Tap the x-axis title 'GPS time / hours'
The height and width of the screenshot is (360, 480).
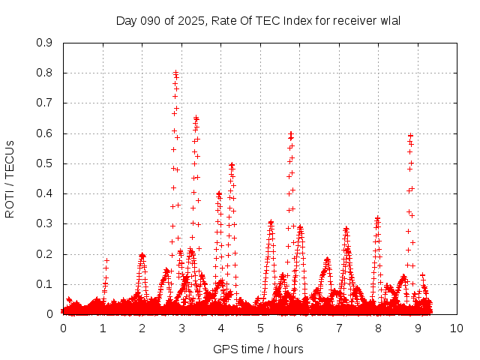259,349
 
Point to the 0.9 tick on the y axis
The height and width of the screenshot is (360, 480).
44,43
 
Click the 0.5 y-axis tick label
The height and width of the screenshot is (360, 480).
44,163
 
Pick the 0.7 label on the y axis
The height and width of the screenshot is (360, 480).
44,103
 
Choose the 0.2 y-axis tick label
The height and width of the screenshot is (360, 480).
44,253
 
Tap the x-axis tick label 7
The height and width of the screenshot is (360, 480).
339,328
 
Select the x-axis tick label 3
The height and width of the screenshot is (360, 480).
181,328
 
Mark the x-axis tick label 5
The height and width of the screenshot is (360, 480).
260,328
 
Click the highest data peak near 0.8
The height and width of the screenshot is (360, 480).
175,73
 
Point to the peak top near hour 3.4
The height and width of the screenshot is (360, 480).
196,118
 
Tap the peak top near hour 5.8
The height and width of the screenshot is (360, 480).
291,133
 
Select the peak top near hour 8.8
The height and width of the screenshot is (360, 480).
410,136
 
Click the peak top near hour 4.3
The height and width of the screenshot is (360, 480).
232,164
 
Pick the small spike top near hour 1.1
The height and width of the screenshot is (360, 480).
106,260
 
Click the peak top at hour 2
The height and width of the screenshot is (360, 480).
142,255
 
